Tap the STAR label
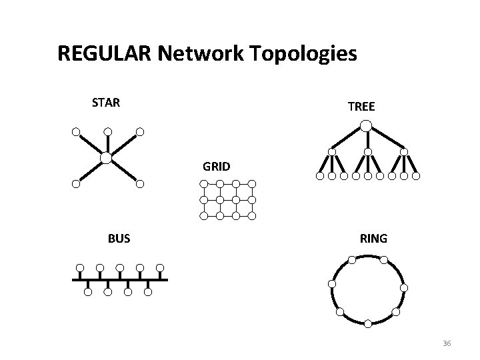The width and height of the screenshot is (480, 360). (105, 103)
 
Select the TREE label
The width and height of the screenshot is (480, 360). (361, 106)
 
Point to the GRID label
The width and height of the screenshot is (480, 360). (217, 166)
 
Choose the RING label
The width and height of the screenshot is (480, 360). (373, 238)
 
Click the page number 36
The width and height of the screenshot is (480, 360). (447, 343)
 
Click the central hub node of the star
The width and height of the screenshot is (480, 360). (106, 157)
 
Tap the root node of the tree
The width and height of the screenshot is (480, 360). (366, 125)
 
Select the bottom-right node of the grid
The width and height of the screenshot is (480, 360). (252, 215)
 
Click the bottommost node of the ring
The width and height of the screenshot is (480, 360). (368, 323)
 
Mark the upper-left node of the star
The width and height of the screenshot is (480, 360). (76, 131)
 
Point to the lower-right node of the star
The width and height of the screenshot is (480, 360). (139, 184)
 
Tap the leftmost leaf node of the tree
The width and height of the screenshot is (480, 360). (319, 177)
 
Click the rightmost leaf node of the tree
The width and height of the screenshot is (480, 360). (415, 177)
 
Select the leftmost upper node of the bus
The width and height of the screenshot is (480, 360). (79, 268)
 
